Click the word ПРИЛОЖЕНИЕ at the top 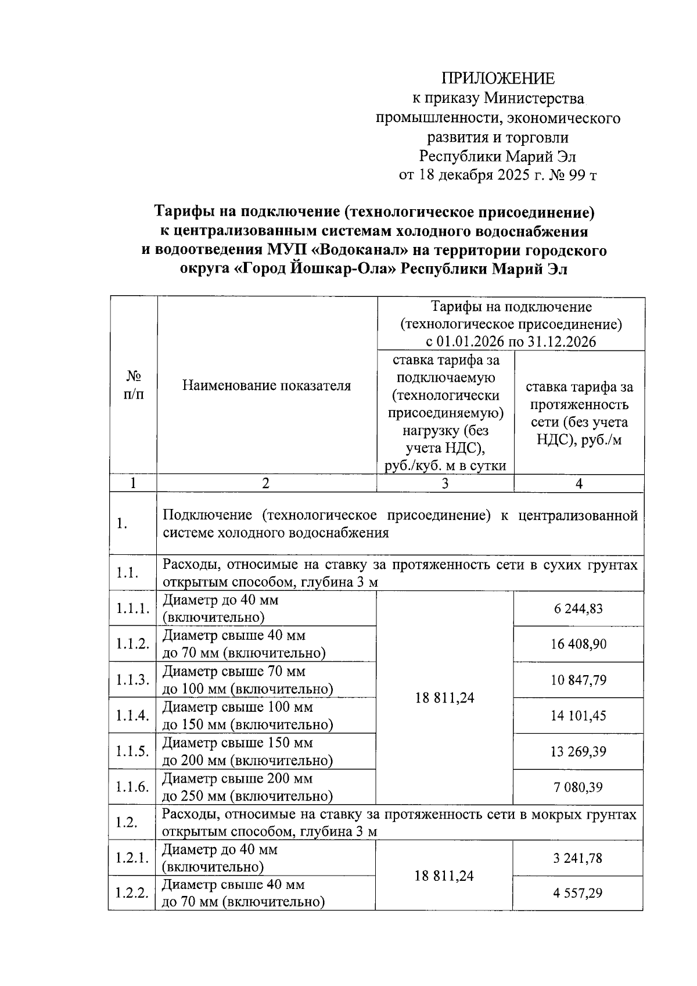pos(498,78)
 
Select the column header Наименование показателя pos(267,385)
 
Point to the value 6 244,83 pos(579,609)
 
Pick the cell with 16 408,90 pos(579,644)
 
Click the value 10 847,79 pos(579,680)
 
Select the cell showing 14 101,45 pos(579,715)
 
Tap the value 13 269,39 pos(579,751)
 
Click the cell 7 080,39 pos(579,787)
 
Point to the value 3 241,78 pos(578,858)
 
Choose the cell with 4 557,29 pos(578,892)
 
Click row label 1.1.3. pos(132,680)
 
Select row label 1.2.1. pos(132,858)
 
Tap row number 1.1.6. pos(132,787)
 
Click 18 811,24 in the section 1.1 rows pos(445,698)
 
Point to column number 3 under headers pos(445,483)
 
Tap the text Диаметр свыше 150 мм pos(238,743)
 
